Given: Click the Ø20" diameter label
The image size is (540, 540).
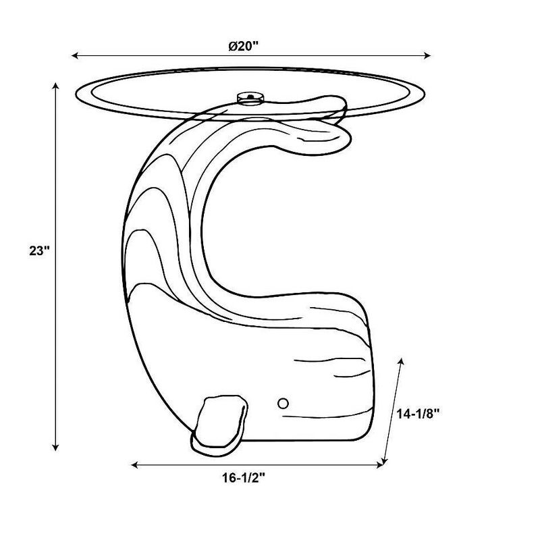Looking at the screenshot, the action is point(244,46).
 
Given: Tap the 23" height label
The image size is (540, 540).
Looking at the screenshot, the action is point(40,250).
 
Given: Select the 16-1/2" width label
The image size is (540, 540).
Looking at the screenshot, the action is point(244,478).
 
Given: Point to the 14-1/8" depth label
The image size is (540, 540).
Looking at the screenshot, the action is point(418,414).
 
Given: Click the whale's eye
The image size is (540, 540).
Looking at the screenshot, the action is point(283,403).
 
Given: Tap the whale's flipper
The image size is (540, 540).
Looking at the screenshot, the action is point(219,426).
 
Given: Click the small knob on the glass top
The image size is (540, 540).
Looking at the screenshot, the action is point(250,98).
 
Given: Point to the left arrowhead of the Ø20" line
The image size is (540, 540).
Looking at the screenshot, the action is point(75,55).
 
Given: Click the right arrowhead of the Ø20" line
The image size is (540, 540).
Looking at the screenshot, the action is point(427,55).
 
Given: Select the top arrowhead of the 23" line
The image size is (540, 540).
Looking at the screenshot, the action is point(55,86).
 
